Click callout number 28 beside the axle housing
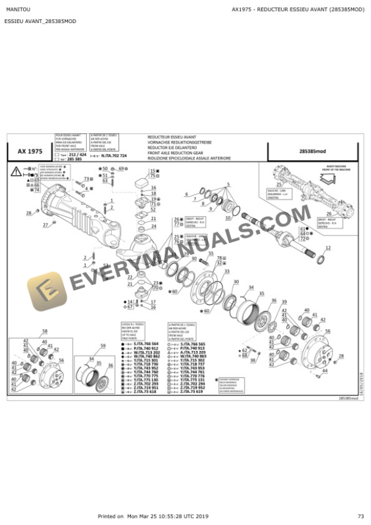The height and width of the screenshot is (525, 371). [28, 213]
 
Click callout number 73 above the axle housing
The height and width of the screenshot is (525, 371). [86, 179]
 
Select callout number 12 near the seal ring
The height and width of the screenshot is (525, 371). [328, 248]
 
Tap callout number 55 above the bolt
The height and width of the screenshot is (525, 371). [210, 253]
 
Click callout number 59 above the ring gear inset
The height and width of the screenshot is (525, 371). [102, 346]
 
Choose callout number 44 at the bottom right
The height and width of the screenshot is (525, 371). [326, 370]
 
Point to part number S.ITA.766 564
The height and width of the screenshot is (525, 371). [147, 344]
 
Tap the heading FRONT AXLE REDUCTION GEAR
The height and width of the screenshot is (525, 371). [176, 153]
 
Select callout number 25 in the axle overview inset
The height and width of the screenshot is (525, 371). [278, 184]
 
